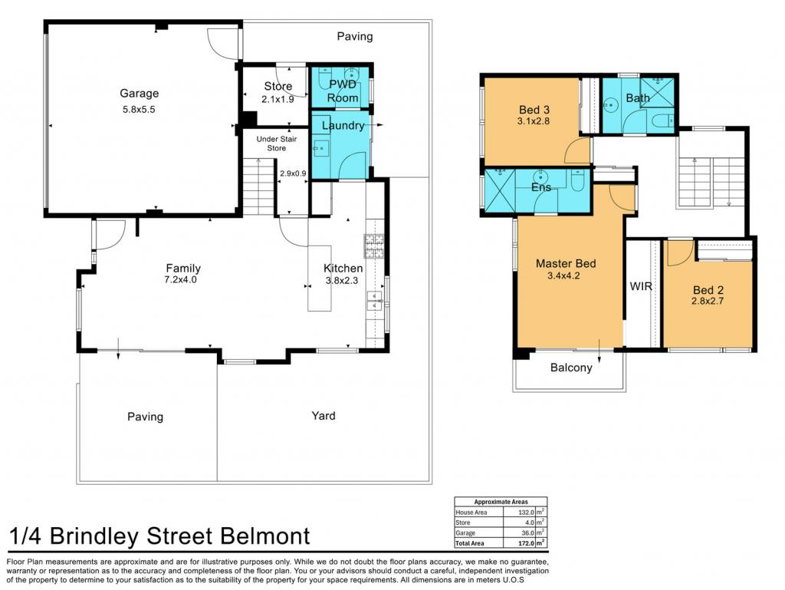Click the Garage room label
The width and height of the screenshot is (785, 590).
[x=140, y=94]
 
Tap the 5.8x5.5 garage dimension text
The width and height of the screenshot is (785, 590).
[x=139, y=109]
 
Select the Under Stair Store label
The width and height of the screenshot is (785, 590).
[x=276, y=143]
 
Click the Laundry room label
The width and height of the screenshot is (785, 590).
[x=343, y=125]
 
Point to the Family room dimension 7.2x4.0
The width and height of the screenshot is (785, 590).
[x=181, y=279]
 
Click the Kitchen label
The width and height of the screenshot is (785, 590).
[x=343, y=269]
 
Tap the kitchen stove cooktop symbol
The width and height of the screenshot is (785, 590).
[x=374, y=246]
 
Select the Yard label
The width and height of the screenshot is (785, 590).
[x=324, y=416]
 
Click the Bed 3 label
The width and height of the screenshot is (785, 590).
[x=534, y=110]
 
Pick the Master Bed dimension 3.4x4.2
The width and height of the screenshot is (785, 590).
[x=563, y=275]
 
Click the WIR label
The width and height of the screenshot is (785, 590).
[x=641, y=286]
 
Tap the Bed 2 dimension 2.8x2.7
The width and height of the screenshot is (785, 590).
[x=708, y=301]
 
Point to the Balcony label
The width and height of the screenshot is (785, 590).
[x=571, y=368]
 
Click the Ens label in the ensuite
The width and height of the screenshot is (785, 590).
[x=541, y=187]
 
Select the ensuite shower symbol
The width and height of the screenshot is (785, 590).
[x=500, y=191]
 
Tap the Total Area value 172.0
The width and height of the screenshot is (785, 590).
[x=526, y=543]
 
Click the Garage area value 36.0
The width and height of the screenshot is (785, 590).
[x=527, y=533]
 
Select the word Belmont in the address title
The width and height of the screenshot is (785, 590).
[x=264, y=536]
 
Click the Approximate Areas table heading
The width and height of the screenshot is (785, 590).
[x=501, y=502]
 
